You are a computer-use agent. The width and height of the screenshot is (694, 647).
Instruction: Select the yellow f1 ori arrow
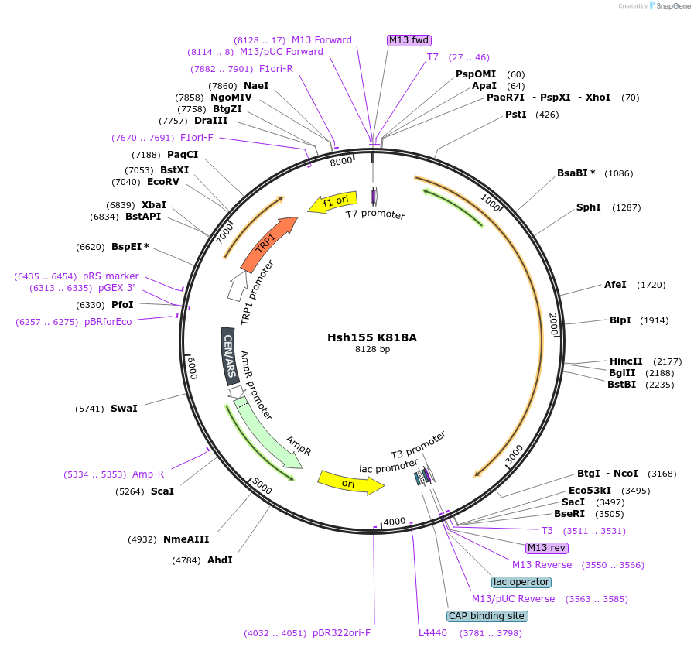333,203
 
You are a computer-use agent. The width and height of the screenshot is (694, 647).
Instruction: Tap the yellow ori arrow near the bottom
350,483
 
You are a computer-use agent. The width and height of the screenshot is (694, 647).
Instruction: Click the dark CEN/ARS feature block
230,355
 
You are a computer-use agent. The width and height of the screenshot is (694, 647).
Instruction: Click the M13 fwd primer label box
409,40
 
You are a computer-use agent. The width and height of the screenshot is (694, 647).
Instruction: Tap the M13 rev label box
547,548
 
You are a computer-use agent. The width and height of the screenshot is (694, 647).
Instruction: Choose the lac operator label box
521,582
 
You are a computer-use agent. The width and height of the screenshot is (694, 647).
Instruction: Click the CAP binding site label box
487,616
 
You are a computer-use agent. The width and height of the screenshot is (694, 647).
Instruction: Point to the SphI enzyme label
589,207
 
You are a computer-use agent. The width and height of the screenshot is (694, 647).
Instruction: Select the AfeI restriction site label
615,284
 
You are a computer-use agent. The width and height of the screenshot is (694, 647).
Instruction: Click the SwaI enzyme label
124,408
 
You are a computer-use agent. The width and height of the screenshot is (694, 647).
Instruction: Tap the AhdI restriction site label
220,560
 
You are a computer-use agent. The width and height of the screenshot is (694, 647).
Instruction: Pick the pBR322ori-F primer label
341,633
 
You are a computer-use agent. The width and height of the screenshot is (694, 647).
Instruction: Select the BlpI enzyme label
620,320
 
